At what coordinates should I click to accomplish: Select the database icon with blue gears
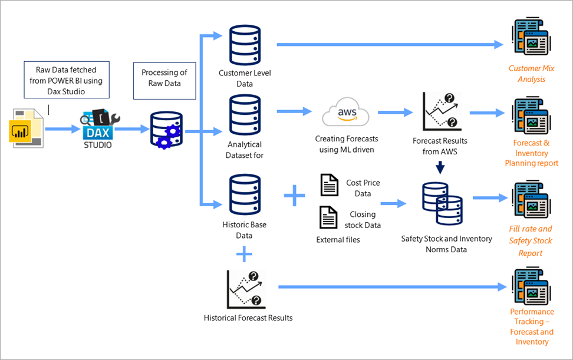pyautogui.click(x=166, y=130)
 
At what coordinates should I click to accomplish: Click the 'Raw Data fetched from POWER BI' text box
pyautogui.click(x=67, y=80)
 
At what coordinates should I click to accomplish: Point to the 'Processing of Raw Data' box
pyautogui.click(x=164, y=81)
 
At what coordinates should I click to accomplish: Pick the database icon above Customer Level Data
pyautogui.click(x=245, y=45)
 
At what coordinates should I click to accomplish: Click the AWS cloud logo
pyautogui.click(x=345, y=112)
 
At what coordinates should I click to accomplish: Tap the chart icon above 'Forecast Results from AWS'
pyautogui.click(x=442, y=112)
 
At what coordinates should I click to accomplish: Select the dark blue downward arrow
pyautogui.click(x=440, y=167)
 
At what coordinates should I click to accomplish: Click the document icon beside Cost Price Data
pyautogui.click(x=330, y=185)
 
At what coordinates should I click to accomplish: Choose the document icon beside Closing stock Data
pyautogui.click(x=328, y=217)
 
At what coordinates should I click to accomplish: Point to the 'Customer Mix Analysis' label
pyautogui.click(x=531, y=74)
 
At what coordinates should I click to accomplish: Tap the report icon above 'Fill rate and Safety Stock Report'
pyautogui.click(x=531, y=199)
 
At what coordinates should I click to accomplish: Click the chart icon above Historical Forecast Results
pyautogui.click(x=246, y=289)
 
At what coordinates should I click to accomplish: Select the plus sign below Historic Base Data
pyautogui.click(x=244, y=254)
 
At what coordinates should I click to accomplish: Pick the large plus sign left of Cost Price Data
pyautogui.click(x=295, y=196)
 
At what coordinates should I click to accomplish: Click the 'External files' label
pyautogui.click(x=338, y=240)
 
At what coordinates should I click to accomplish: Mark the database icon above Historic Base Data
pyautogui.click(x=245, y=194)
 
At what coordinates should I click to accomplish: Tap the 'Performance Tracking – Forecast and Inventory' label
pyautogui.click(x=532, y=327)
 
